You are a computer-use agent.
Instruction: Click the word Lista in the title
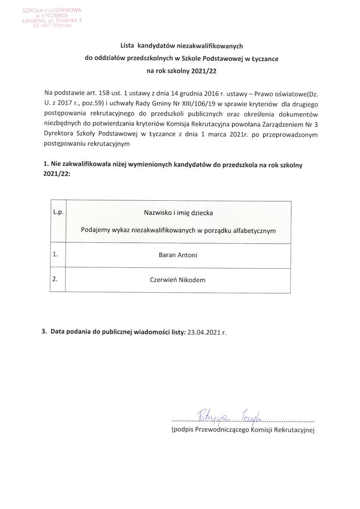tap(128, 46)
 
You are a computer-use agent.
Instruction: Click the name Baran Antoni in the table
tap(178, 255)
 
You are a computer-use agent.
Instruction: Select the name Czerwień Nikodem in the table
tap(178, 279)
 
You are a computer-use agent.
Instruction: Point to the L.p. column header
tap(58, 213)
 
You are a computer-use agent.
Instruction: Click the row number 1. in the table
tap(56, 254)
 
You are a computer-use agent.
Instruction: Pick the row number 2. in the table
tap(56, 279)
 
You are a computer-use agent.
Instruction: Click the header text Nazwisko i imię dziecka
tap(178, 213)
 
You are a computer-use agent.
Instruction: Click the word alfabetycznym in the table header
tap(254, 231)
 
